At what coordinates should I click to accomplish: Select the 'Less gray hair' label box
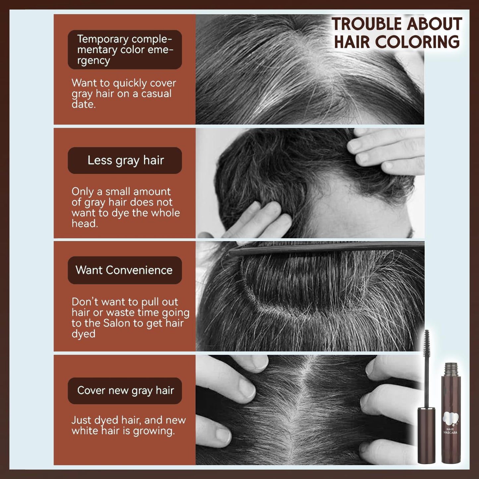pos(125,160)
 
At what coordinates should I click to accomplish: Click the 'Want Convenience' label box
pos(125,270)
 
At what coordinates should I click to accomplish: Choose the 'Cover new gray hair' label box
pos(125,390)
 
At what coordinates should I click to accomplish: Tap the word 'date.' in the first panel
pos(84,104)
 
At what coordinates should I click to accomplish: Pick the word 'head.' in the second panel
pos(85,224)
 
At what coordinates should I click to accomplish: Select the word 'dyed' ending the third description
pos(84,334)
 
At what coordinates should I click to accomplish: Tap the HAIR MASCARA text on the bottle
pos(450,431)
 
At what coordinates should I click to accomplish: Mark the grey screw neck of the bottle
pos(451,369)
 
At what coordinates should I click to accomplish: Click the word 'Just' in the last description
pos(81,420)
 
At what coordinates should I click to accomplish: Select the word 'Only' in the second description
pos(82,192)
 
